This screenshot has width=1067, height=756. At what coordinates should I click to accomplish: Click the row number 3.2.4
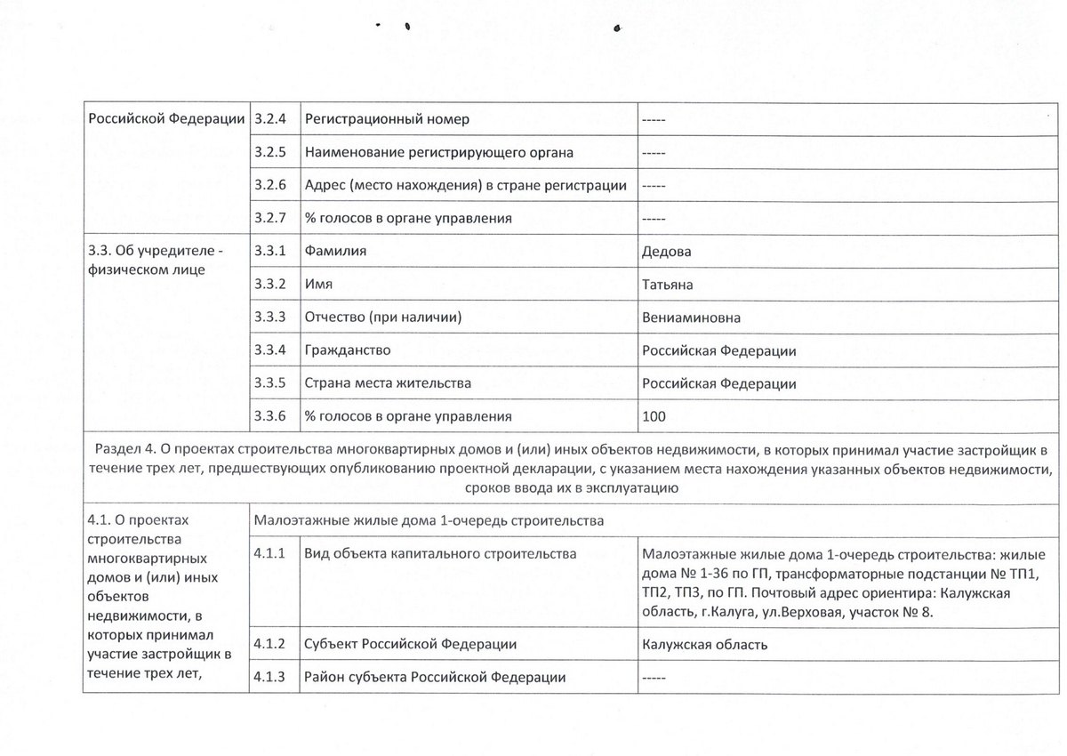pos(269,119)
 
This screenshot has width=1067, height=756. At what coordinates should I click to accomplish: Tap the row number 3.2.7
pos(269,218)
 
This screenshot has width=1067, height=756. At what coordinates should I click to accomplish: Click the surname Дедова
pos(667,252)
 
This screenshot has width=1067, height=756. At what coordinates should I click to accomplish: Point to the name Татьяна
pos(668,285)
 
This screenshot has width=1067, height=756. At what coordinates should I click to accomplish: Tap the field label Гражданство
pos(348,350)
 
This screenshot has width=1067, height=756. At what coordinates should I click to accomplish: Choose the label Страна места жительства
pos(388,383)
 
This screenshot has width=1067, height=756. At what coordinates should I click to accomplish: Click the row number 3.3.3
pos(269,318)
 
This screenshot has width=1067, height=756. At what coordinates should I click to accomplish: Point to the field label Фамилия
pos(335,252)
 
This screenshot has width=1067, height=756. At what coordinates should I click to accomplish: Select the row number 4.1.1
pos(269,554)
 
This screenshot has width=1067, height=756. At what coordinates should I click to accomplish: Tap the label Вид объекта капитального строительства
pos(440,554)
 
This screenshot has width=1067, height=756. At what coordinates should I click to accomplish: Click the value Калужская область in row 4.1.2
pos(704,645)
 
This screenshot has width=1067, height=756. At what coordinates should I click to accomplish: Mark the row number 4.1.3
pos(269,678)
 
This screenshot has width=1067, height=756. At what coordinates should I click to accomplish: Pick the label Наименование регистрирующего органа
pos(438,152)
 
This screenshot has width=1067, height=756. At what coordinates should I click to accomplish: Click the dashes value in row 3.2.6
pos(654,185)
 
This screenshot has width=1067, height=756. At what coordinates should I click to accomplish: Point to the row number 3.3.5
pos(269,383)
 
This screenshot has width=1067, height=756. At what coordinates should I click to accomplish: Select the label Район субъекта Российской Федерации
pos(435,678)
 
